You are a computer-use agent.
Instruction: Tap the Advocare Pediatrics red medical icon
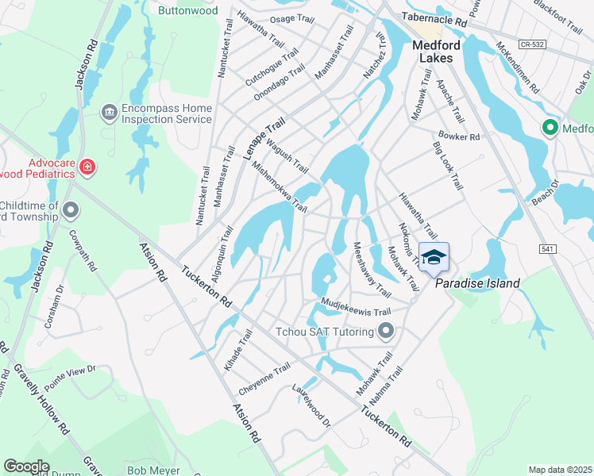pos(87,167)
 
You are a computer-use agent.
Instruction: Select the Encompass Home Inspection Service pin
pos(109,113)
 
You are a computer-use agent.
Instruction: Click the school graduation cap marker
pos(434,257)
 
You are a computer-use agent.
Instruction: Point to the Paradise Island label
pos(476,283)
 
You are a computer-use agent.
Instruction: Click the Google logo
pos(27,466)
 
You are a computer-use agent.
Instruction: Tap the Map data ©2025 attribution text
pos(560,470)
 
